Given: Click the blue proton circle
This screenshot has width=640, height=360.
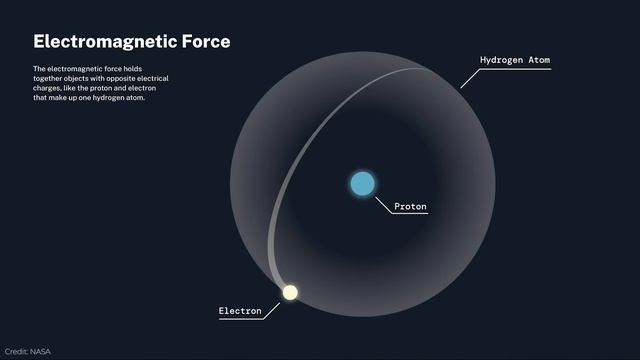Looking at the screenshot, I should (x=362, y=184).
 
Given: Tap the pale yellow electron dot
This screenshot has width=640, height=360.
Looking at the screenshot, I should (x=290, y=292).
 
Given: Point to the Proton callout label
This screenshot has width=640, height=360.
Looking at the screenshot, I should (x=410, y=207).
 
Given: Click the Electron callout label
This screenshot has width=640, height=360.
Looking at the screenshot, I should (x=240, y=311).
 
